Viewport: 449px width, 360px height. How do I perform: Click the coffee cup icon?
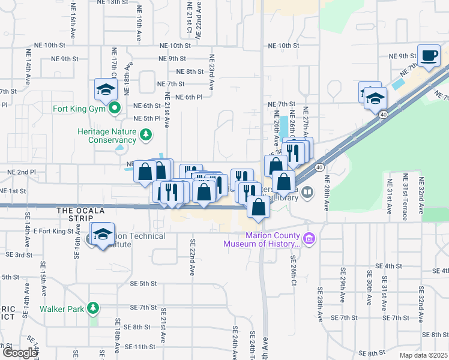(429, 56)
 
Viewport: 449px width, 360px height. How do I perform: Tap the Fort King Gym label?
(79, 109)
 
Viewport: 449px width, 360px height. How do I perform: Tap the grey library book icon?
(307, 192)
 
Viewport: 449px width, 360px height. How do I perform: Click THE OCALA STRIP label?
(81, 211)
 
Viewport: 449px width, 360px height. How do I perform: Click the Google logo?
(19, 352)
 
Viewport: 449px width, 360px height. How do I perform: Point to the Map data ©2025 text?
(423, 355)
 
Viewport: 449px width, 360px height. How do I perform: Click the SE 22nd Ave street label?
(193, 257)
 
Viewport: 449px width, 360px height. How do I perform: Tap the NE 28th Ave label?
(327, 193)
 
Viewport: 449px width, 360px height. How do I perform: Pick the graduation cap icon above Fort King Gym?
(106, 91)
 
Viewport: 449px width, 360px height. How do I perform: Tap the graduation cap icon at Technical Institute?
(102, 234)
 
